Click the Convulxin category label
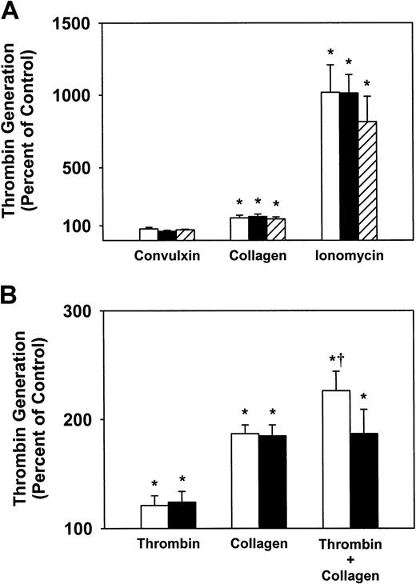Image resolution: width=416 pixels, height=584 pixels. (167, 258)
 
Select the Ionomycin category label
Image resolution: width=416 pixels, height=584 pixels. (347, 258)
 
